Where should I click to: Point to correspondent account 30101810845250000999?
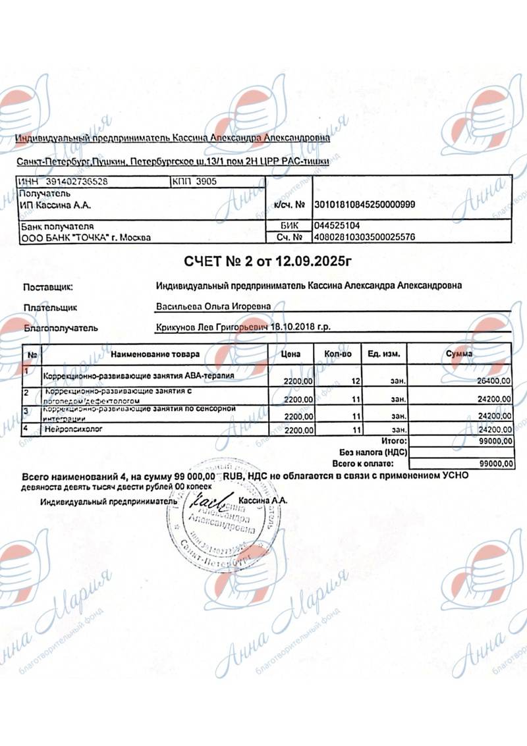[x=366, y=205]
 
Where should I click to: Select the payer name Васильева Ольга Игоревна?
[x=212, y=307]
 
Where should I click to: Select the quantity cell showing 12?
[x=356, y=381]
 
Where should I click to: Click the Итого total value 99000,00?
[x=496, y=440]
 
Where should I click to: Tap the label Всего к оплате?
[x=377, y=464]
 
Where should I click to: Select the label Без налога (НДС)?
[x=374, y=452]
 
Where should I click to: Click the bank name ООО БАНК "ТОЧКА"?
[x=86, y=237]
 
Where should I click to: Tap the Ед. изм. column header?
[x=383, y=354]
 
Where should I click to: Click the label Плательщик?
[x=50, y=307]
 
